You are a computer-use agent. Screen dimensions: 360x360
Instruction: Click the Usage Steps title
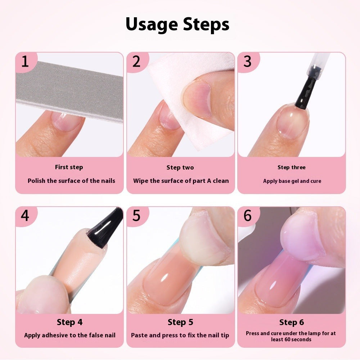pyautogui.click(x=177, y=24)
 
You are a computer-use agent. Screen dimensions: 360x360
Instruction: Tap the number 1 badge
pyautogui.click(x=25, y=62)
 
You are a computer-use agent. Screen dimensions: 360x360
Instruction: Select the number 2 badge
pyautogui.click(x=136, y=62)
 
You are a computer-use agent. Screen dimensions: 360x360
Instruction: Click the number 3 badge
pyautogui.click(x=247, y=62)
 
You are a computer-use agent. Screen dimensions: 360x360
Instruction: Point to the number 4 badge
pyautogui.click(x=25, y=216)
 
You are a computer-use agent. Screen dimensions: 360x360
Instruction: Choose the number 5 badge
pyautogui.click(x=136, y=216)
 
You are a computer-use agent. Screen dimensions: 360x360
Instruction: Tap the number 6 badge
pyautogui.click(x=247, y=216)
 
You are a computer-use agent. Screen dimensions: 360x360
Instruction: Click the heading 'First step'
pyautogui.click(x=69, y=167)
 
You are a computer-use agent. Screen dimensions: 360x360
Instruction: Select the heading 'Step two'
pyautogui.click(x=180, y=167)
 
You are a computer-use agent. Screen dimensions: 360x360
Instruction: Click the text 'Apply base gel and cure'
pyautogui.click(x=292, y=181)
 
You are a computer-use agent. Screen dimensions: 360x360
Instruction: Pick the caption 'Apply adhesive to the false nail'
pyautogui.click(x=70, y=335)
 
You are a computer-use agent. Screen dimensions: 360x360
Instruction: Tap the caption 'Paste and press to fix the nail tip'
pyautogui.click(x=180, y=335)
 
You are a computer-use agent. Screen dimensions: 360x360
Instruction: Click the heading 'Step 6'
pyautogui.click(x=292, y=322)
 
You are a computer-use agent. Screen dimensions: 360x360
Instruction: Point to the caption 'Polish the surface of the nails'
pyautogui.click(x=71, y=181)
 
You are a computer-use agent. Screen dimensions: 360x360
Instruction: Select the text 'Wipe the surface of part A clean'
pyautogui.click(x=181, y=181)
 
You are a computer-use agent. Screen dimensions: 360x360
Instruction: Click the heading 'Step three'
pyautogui.click(x=292, y=167)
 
